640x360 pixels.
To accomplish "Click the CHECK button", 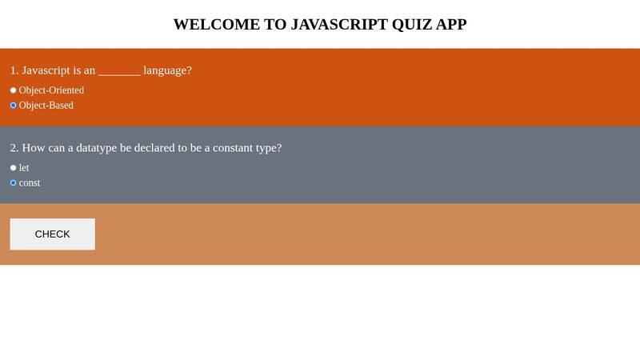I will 52,234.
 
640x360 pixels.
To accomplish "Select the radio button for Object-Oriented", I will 13,90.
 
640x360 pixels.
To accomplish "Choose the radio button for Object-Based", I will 13,106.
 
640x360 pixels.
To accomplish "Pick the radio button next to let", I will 13,168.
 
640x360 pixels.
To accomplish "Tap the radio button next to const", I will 13,183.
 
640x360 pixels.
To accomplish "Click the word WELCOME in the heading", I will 216,24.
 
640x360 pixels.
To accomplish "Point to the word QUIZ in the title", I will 411,24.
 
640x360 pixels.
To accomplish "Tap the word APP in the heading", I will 451,24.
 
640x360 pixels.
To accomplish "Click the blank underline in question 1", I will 119,70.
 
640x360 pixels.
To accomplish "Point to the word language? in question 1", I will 168,70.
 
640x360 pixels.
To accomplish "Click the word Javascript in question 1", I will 50,70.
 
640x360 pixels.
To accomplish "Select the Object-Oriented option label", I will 51,90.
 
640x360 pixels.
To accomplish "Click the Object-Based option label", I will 46,106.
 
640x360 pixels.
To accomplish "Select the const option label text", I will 30,183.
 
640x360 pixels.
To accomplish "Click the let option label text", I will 24,168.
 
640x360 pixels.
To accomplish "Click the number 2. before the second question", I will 14,148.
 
